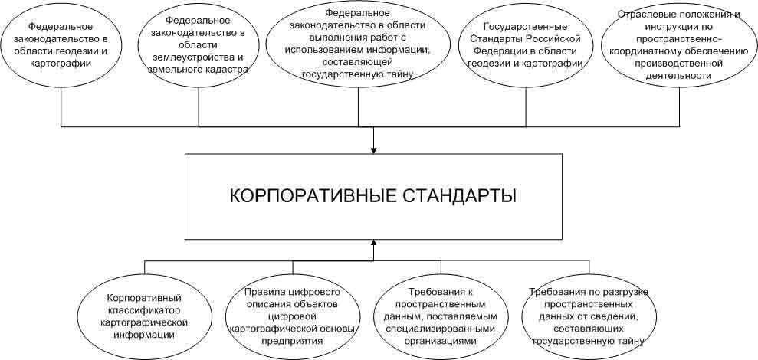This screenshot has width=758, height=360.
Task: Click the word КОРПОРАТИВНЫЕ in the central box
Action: [x=307, y=197]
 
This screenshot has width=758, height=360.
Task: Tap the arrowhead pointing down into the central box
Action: [x=373, y=150]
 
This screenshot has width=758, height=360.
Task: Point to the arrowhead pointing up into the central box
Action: [x=373, y=243]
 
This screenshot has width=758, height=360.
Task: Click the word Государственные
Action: [x=526, y=27]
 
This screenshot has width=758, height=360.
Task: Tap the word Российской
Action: [x=553, y=39]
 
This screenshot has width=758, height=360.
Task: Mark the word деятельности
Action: [x=680, y=75]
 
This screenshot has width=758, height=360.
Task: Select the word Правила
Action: [x=263, y=292]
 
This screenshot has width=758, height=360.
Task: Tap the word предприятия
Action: [x=293, y=340]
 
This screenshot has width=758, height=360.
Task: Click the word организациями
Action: [x=441, y=341]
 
